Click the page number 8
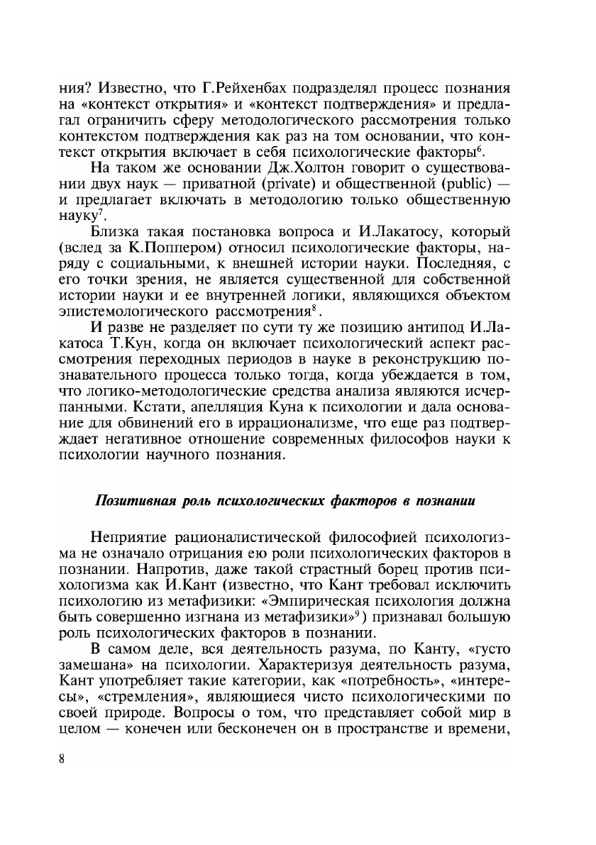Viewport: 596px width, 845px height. point(62,758)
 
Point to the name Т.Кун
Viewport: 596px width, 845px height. point(131,345)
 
